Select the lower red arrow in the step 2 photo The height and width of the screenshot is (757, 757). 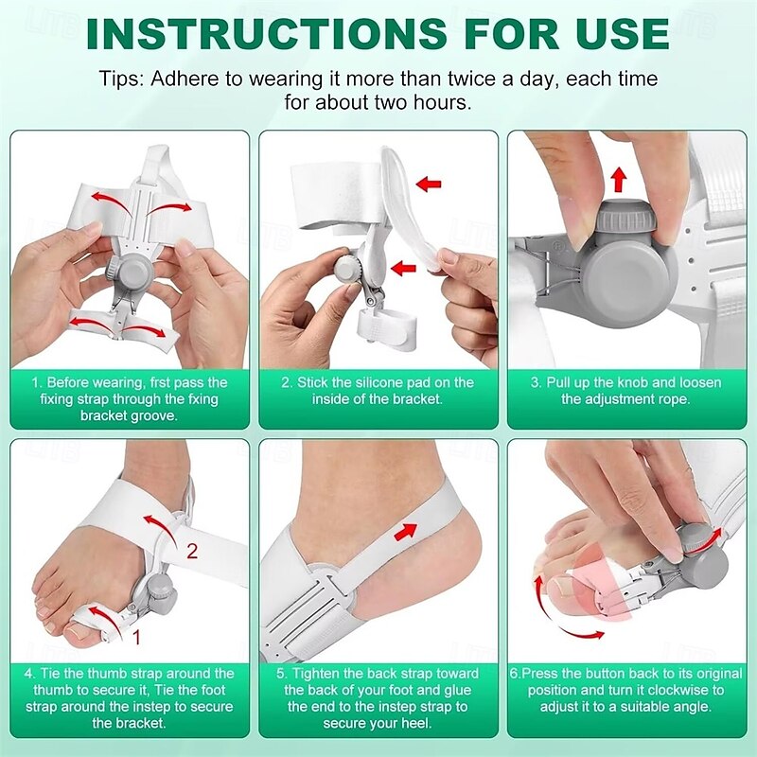(x=406, y=268)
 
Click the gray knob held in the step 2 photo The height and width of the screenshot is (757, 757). (x=347, y=269)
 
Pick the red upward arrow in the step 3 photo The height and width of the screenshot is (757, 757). (x=618, y=178)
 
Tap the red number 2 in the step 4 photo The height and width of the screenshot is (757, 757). (x=192, y=551)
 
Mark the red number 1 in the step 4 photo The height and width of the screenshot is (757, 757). (x=135, y=637)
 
